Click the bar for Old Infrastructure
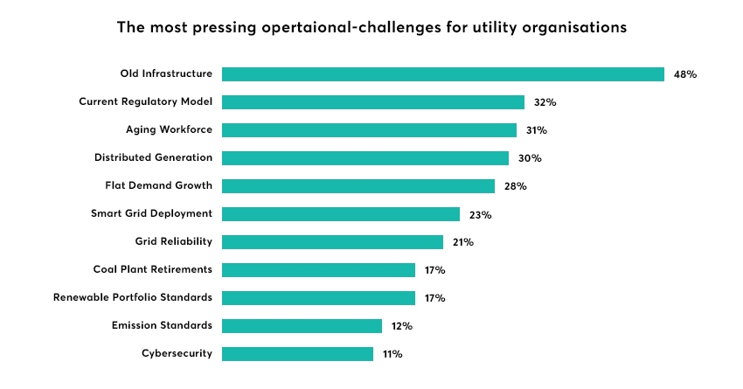coord(443,74)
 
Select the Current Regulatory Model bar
coord(373,102)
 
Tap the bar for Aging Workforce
coord(369,130)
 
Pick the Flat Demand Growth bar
coord(358,186)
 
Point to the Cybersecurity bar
coord(297,354)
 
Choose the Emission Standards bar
coord(302,326)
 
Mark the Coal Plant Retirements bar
coord(318,270)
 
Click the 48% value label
coord(684,74)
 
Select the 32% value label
coord(545,102)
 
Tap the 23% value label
coord(480,214)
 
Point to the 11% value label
coord(392,354)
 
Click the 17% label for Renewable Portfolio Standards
coord(434,298)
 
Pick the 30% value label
coord(529,158)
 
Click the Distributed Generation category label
coord(153,157)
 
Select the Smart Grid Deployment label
coord(151,213)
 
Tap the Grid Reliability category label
coord(173,241)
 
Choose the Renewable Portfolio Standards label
coord(132,297)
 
